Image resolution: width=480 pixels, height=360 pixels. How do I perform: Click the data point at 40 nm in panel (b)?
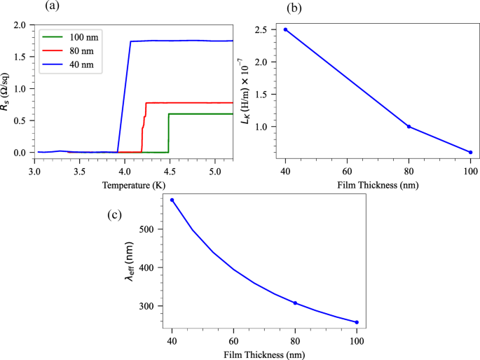[x=285, y=29]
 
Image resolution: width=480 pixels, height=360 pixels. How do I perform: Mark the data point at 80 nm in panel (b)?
[x=409, y=127]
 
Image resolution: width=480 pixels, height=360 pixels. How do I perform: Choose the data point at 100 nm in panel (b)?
[x=471, y=152]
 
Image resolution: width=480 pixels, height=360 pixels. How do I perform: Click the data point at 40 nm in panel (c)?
[x=172, y=200]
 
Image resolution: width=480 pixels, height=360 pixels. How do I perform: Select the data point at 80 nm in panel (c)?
[x=296, y=303]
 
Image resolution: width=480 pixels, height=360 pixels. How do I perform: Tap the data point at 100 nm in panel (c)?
[x=357, y=322]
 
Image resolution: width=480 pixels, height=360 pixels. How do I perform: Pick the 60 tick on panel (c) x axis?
[x=234, y=341]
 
